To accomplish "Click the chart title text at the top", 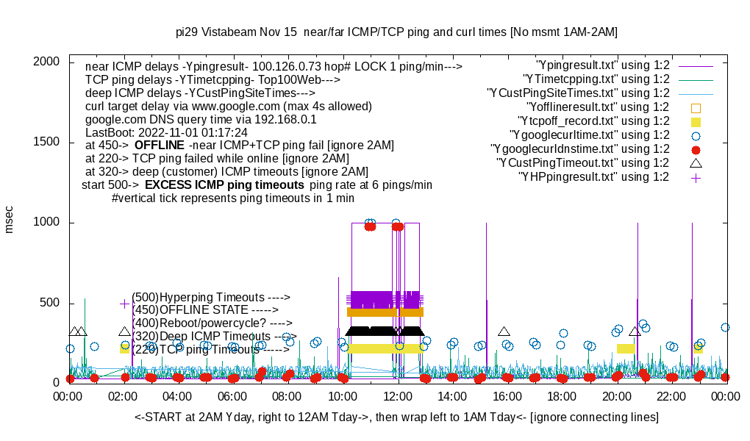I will point(396,32).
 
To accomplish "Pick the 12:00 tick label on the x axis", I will point(398,396).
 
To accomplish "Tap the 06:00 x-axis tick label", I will point(233,396).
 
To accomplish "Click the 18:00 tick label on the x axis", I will point(562,396).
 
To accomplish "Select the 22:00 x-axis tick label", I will point(671,396).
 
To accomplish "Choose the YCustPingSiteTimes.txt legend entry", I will point(578,93).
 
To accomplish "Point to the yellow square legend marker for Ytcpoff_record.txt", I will point(696,121).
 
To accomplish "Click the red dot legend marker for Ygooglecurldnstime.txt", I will point(696,149).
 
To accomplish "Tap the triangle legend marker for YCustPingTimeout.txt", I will point(696,162).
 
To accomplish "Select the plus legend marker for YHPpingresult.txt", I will point(696,177).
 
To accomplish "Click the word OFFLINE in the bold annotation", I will point(159,145).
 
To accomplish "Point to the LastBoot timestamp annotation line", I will point(166,132).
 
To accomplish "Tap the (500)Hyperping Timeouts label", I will point(211,297).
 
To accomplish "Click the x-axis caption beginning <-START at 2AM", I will point(396,417).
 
